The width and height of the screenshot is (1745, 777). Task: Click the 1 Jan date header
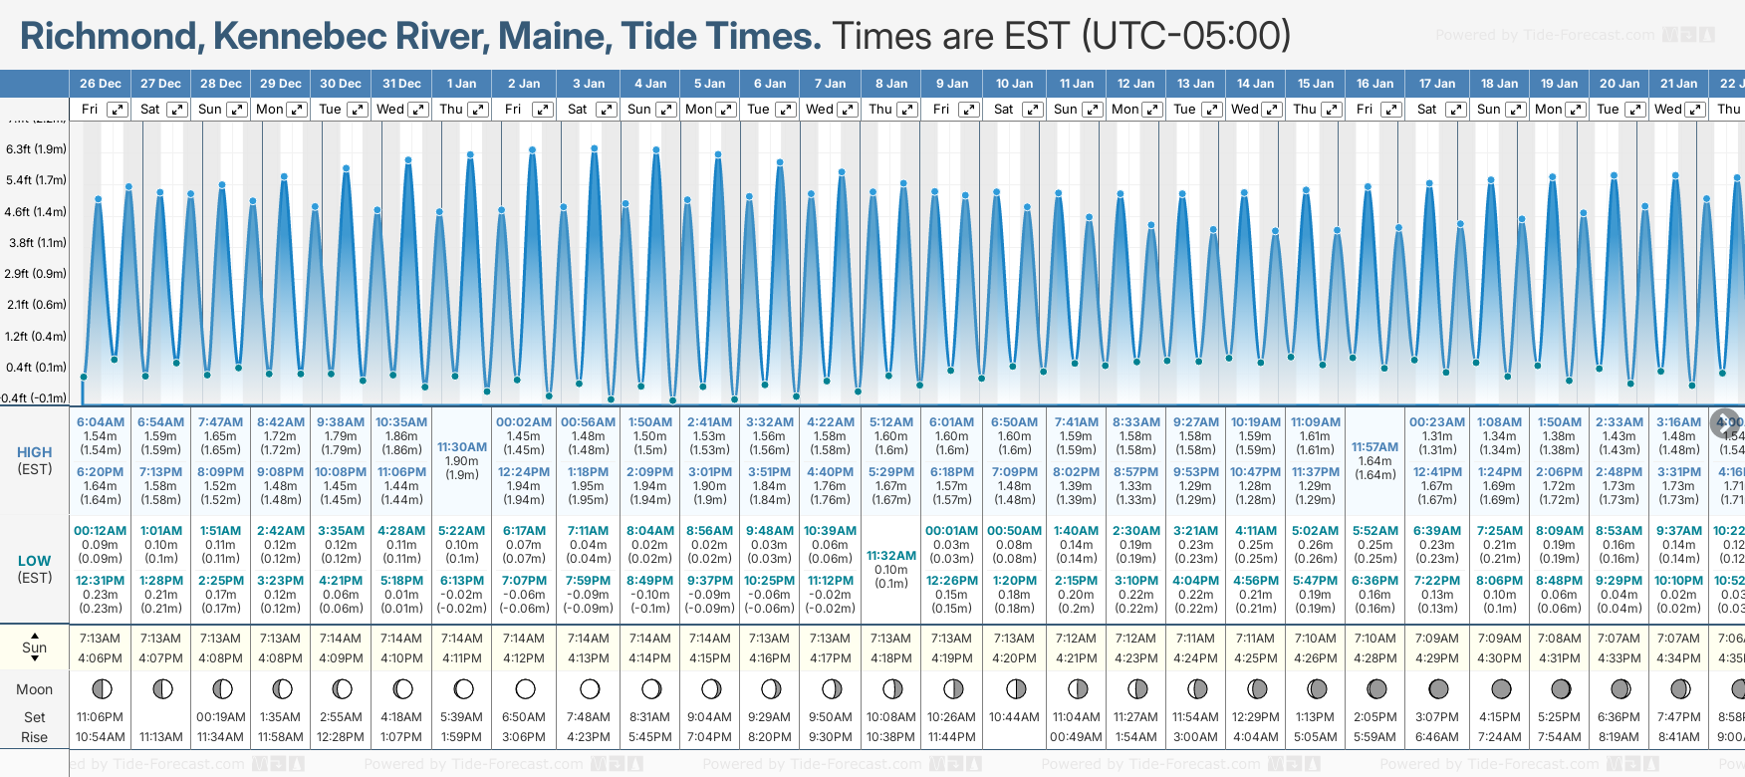coord(461,84)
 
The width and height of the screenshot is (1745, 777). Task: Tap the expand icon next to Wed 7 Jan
coord(848,110)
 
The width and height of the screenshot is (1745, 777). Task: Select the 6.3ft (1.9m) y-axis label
coord(36,149)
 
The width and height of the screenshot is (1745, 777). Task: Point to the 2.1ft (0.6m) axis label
coord(36,305)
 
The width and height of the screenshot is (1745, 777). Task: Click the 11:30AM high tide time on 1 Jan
coord(461,447)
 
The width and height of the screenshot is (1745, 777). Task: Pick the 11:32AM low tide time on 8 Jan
coord(891,556)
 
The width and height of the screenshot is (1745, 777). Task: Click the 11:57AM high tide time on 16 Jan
coord(1374,447)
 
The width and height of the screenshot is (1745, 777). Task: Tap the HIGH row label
coord(34,452)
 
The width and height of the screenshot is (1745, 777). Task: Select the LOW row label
coord(34,561)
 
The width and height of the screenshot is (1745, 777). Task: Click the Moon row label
coord(34,689)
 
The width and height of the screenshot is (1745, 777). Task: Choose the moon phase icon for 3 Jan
coord(590,688)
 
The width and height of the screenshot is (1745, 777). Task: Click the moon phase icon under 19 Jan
coord(1561,688)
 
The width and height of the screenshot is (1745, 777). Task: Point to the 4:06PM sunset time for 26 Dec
coord(100,657)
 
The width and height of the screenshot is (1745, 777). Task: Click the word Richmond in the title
coord(109,36)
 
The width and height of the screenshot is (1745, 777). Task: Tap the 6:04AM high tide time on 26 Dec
coord(100,422)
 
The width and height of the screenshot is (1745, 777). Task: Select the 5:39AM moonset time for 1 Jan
coord(461,717)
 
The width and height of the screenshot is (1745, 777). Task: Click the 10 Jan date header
coord(1015,84)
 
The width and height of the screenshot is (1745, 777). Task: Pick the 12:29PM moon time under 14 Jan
coord(1255,717)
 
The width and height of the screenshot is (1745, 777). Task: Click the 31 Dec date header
coord(401,84)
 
